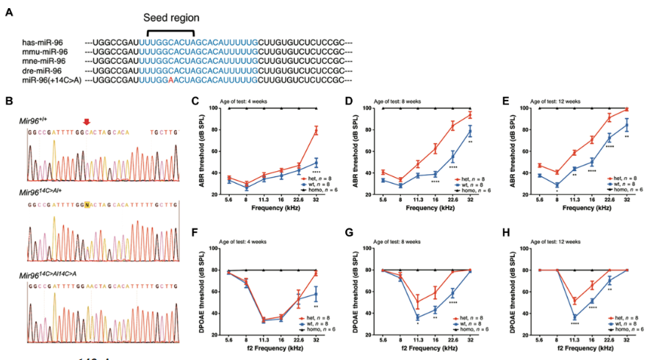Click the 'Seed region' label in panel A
point(170,17)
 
